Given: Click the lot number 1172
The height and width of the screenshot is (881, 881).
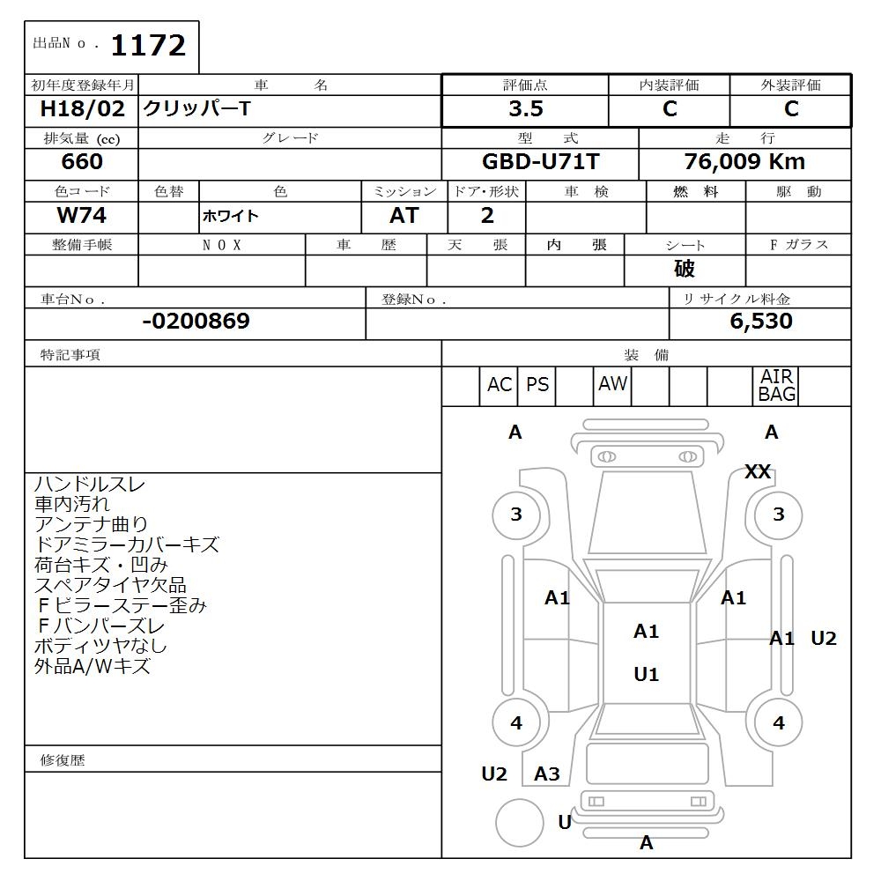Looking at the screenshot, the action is click(x=148, y=46).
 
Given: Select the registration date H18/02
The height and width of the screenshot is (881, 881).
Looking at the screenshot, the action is click(x=82, y=108).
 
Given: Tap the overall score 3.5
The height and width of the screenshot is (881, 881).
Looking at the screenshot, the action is click(x=526, y=108).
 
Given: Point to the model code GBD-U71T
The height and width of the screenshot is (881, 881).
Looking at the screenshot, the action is click(x=541, y=162).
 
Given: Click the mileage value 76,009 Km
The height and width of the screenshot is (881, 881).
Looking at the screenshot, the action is click(x=744, y=162).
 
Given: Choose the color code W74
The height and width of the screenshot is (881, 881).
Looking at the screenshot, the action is click(x=81, y=215).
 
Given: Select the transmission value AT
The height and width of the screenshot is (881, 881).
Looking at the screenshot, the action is click(x=404, y=215).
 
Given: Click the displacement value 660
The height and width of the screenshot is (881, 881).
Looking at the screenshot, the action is click(x=82, y=162).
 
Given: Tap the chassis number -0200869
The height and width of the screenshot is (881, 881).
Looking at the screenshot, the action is click(x=196, y=321).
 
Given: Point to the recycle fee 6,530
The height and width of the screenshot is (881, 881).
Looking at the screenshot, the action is click(x=761, y=321).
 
